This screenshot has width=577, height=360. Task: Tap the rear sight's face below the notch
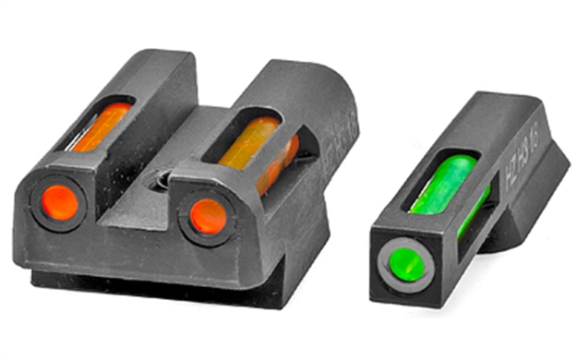point(138,240)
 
